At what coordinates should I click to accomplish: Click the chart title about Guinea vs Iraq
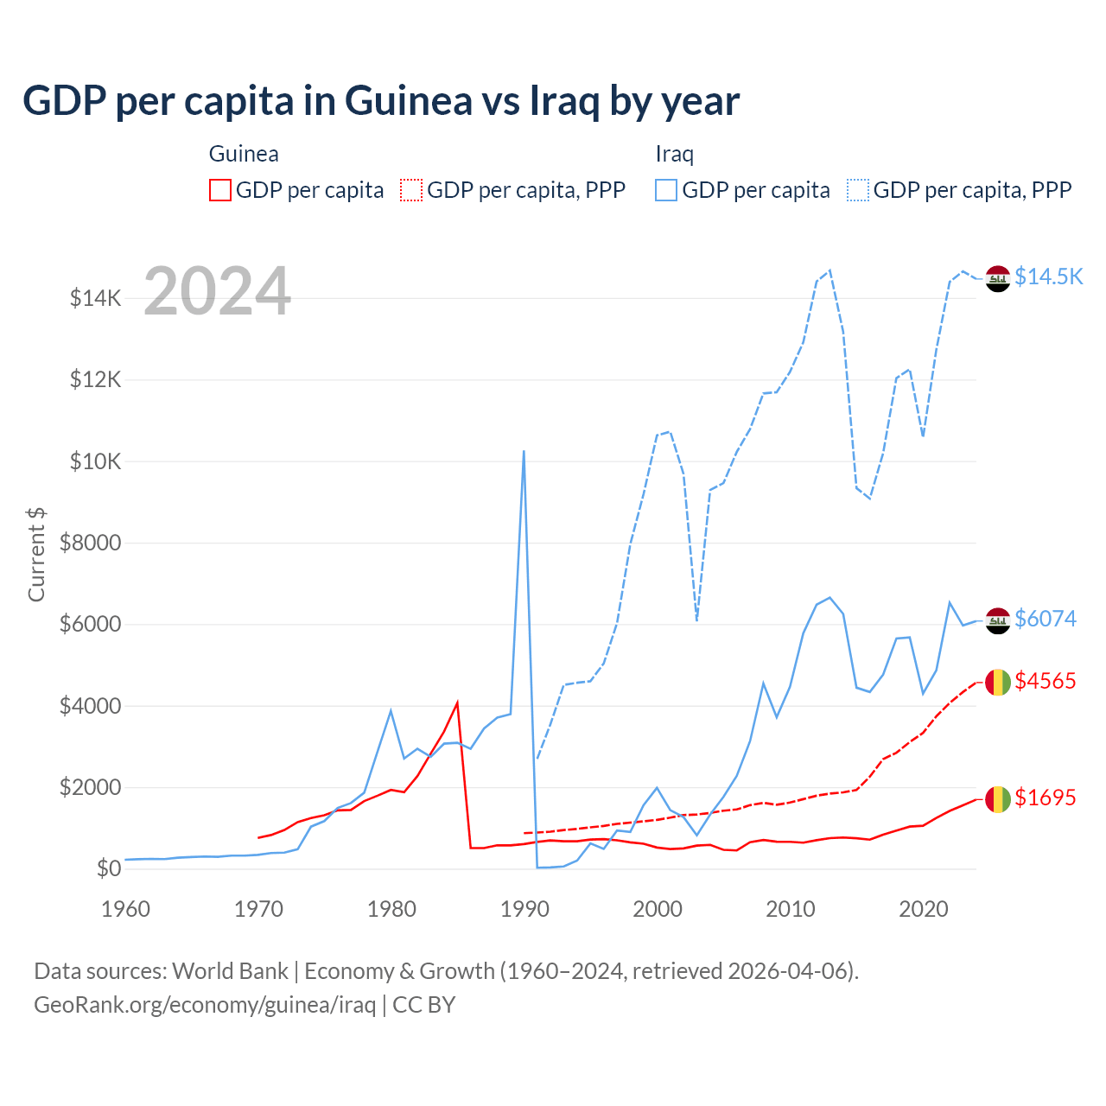381,101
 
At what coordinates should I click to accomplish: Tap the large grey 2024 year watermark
217,291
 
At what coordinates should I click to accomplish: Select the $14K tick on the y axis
96,299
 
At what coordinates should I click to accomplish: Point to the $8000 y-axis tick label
91,543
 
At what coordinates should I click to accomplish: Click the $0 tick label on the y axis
108,868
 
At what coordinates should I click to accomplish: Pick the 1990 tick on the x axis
524,909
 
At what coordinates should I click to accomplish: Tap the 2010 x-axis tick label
791,909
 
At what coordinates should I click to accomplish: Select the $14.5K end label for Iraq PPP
1048,276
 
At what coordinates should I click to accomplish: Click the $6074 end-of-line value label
1046,619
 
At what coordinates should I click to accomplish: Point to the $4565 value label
1046,681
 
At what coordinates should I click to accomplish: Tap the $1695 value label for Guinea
1046,798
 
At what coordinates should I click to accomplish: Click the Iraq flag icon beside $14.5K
998,279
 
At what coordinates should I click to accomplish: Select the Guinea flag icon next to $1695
998,799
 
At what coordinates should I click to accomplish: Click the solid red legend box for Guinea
220,190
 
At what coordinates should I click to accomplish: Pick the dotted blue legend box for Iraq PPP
858,190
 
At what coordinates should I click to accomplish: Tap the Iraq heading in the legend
675,154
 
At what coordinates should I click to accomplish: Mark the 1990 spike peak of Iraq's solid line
524,451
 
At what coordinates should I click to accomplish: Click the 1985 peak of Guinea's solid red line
457,702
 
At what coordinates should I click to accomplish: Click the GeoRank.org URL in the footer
205,1005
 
